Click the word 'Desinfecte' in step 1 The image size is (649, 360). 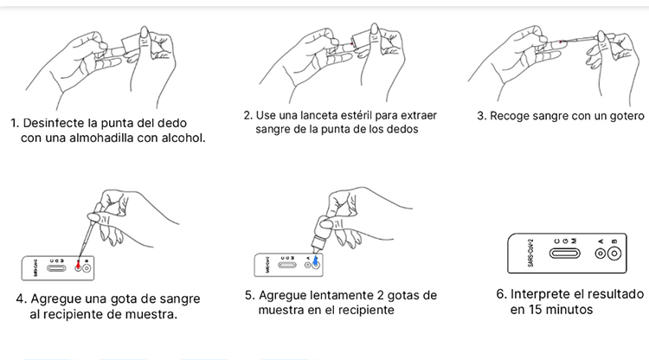[49, 123]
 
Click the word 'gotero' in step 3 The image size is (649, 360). [627, 116]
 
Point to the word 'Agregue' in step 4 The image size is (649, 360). [56, 299]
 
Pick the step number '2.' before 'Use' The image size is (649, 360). [248, 115]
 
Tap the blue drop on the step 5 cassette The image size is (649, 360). [316, 261]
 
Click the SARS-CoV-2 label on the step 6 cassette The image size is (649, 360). [531, 253]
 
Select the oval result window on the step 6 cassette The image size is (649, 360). [564, 254]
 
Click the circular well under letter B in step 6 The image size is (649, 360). [614, 254]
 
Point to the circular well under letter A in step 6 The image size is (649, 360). [601, 254]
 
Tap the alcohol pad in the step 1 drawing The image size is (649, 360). [131, 43]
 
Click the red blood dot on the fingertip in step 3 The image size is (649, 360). [561, 42]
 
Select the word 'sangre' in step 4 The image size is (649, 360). [179, 299]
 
